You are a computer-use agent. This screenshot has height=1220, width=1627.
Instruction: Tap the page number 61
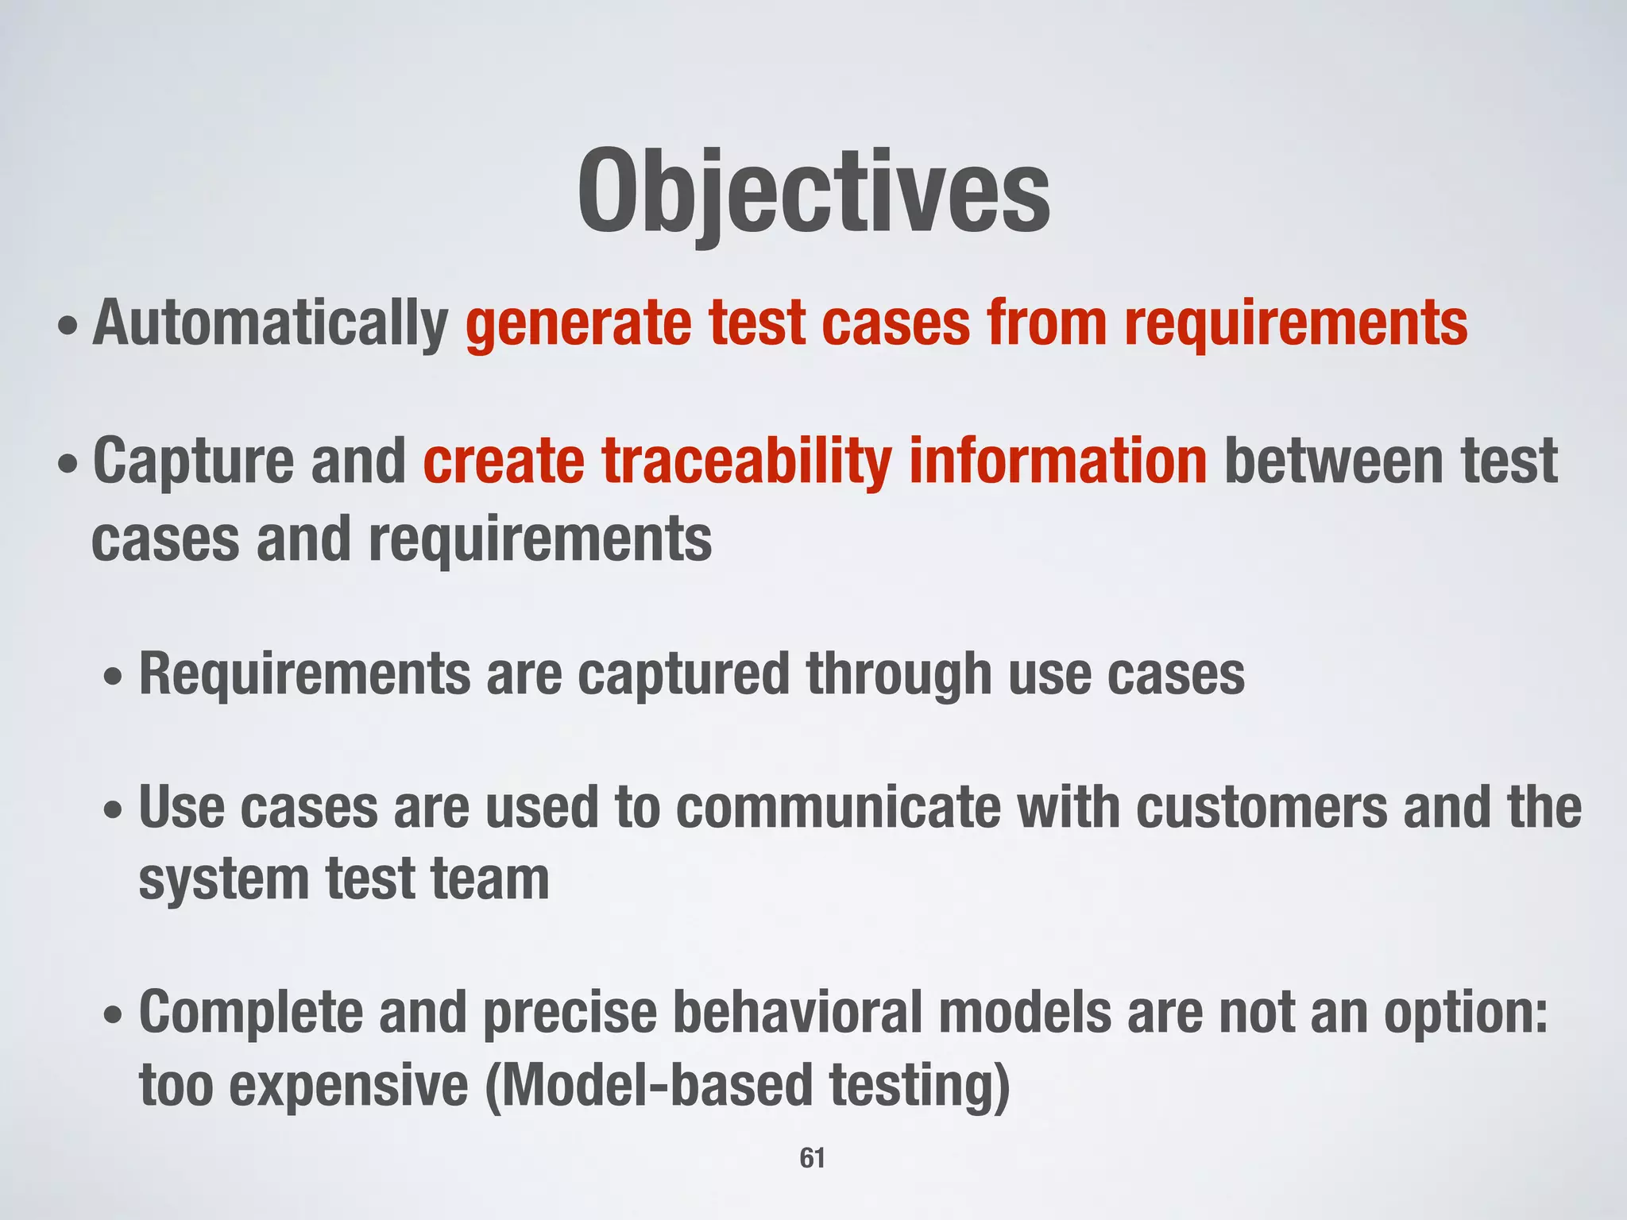[812, 1158]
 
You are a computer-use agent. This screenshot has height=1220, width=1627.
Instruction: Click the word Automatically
[271, 324]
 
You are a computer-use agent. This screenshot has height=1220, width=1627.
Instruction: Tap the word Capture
[194, 462]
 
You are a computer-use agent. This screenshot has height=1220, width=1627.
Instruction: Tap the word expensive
[349, 1087]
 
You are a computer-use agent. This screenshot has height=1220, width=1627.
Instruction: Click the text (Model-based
[648, 1087]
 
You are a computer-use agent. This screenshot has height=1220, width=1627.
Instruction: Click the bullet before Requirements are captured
[114, 680]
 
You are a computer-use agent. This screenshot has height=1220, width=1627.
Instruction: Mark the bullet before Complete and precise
[114, 1016]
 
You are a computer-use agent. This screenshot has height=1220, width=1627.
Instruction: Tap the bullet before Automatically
[68, 327]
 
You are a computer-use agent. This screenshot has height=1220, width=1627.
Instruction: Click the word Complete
[250, 1013]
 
